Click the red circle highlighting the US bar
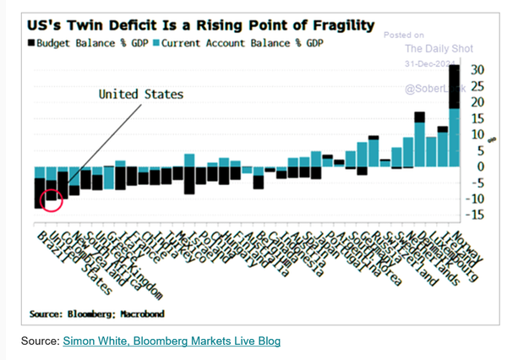tap(52, 199)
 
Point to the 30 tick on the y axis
tap(477, 69)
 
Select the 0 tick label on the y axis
tap(477, 166)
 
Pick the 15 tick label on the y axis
tap(477, 118)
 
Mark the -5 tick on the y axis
tap(477, 183)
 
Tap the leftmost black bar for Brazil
tap(39, 193)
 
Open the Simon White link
tap(101, 341)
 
